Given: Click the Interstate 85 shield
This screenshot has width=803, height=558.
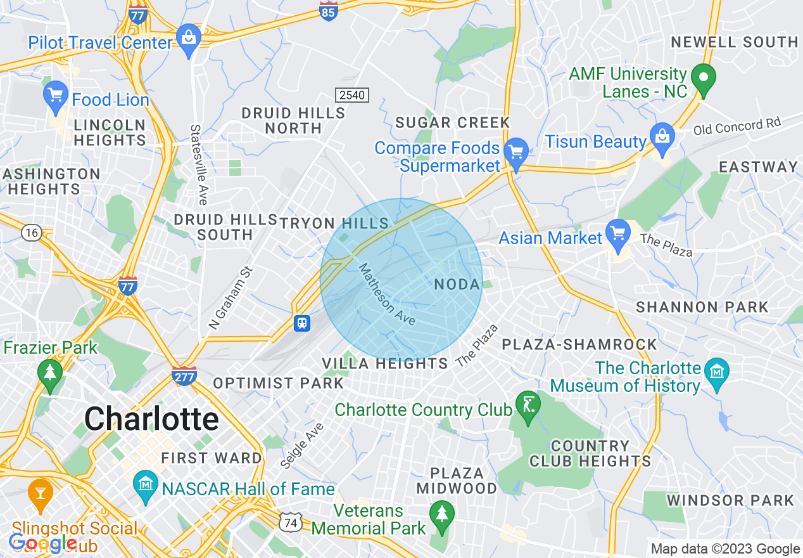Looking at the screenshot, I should [328, 10].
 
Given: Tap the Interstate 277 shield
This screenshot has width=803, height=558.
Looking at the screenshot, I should [184, 375].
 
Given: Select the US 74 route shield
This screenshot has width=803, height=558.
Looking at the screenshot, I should [290, 521].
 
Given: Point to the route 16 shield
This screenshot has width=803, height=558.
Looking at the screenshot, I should [30, 233].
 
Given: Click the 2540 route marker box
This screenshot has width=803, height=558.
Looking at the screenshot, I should [351, 95].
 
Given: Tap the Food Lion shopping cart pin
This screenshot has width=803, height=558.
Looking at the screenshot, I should [56, 97].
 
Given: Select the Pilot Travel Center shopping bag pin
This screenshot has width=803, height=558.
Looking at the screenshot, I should [189, 40].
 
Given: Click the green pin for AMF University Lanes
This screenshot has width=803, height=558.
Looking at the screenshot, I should [703, 79].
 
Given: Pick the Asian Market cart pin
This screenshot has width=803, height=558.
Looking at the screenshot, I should [617, 234].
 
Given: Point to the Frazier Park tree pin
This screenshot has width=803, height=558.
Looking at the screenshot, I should [50, 373].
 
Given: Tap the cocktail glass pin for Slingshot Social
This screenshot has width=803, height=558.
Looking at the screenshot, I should [40, 493].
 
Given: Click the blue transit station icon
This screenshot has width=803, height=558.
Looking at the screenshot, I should [303, 323].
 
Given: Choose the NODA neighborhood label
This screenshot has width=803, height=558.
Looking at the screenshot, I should [457, 285].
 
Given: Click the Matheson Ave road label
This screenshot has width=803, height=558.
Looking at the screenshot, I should [387, 294].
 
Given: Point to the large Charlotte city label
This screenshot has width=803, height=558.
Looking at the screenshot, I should [151, 419].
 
